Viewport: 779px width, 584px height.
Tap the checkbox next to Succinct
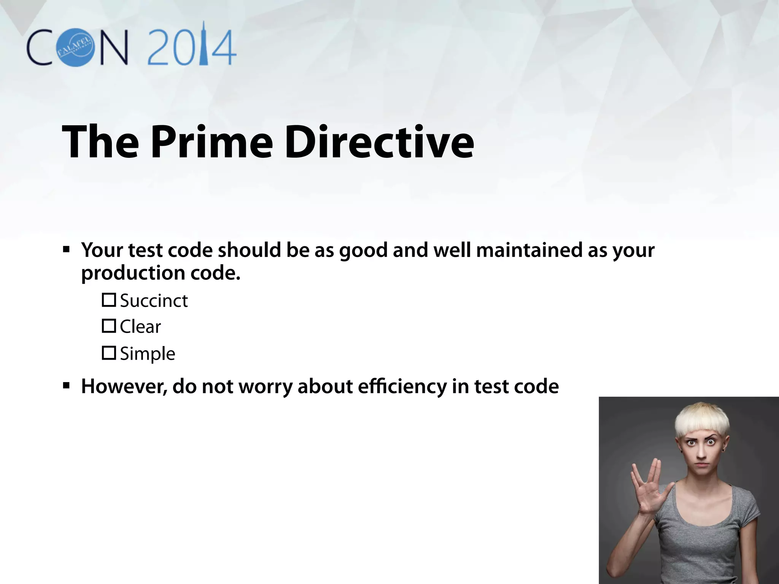point(109,300)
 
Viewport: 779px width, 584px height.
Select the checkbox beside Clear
point(109,326)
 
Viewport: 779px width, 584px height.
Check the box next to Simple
point(109,353)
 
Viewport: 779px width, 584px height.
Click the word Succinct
point(154,301)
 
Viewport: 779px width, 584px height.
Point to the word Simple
point(148,354)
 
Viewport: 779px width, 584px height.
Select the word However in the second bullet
point(124,387)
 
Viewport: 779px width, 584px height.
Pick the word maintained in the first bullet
point(529,250)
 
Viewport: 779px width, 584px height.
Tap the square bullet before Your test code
point(67,250)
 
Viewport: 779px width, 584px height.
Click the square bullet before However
point(67,386)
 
